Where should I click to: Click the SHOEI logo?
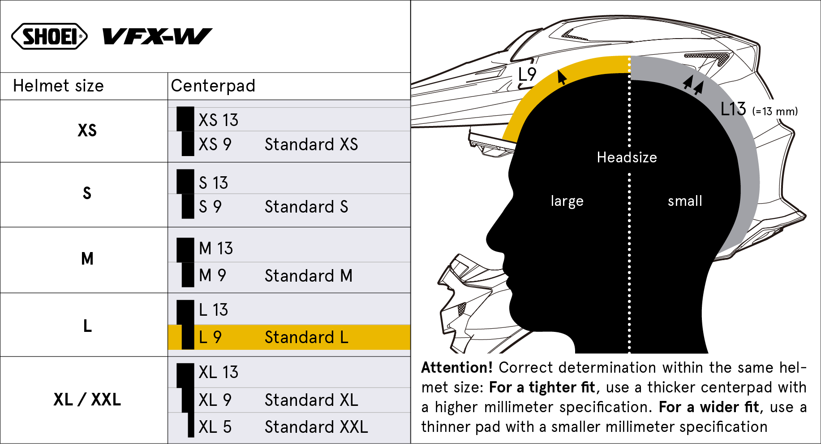point(49,36)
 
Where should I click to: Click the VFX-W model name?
point(157,36)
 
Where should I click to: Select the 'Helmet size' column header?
point(58,86)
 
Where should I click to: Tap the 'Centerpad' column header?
point(213,86)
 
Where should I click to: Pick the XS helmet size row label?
point(87,131)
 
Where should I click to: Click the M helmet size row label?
point(87,259)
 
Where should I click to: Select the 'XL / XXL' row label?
point(87,400)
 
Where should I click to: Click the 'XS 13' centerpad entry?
point(218,120)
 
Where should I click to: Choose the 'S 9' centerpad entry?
point(210,207)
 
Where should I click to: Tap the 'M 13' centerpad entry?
point(216,248)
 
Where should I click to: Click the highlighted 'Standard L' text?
point(306,337)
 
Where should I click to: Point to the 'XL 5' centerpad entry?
point(215,427)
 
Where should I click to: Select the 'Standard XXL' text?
point(316,427)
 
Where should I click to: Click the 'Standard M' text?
point(309,276)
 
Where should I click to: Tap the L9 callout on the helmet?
point(527,74)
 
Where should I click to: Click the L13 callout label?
point(733,109)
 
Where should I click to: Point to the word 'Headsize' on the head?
point(627,157)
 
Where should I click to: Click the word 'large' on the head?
point(567,201)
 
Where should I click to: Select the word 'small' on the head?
point(685,201)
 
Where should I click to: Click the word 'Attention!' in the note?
point(456,368)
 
